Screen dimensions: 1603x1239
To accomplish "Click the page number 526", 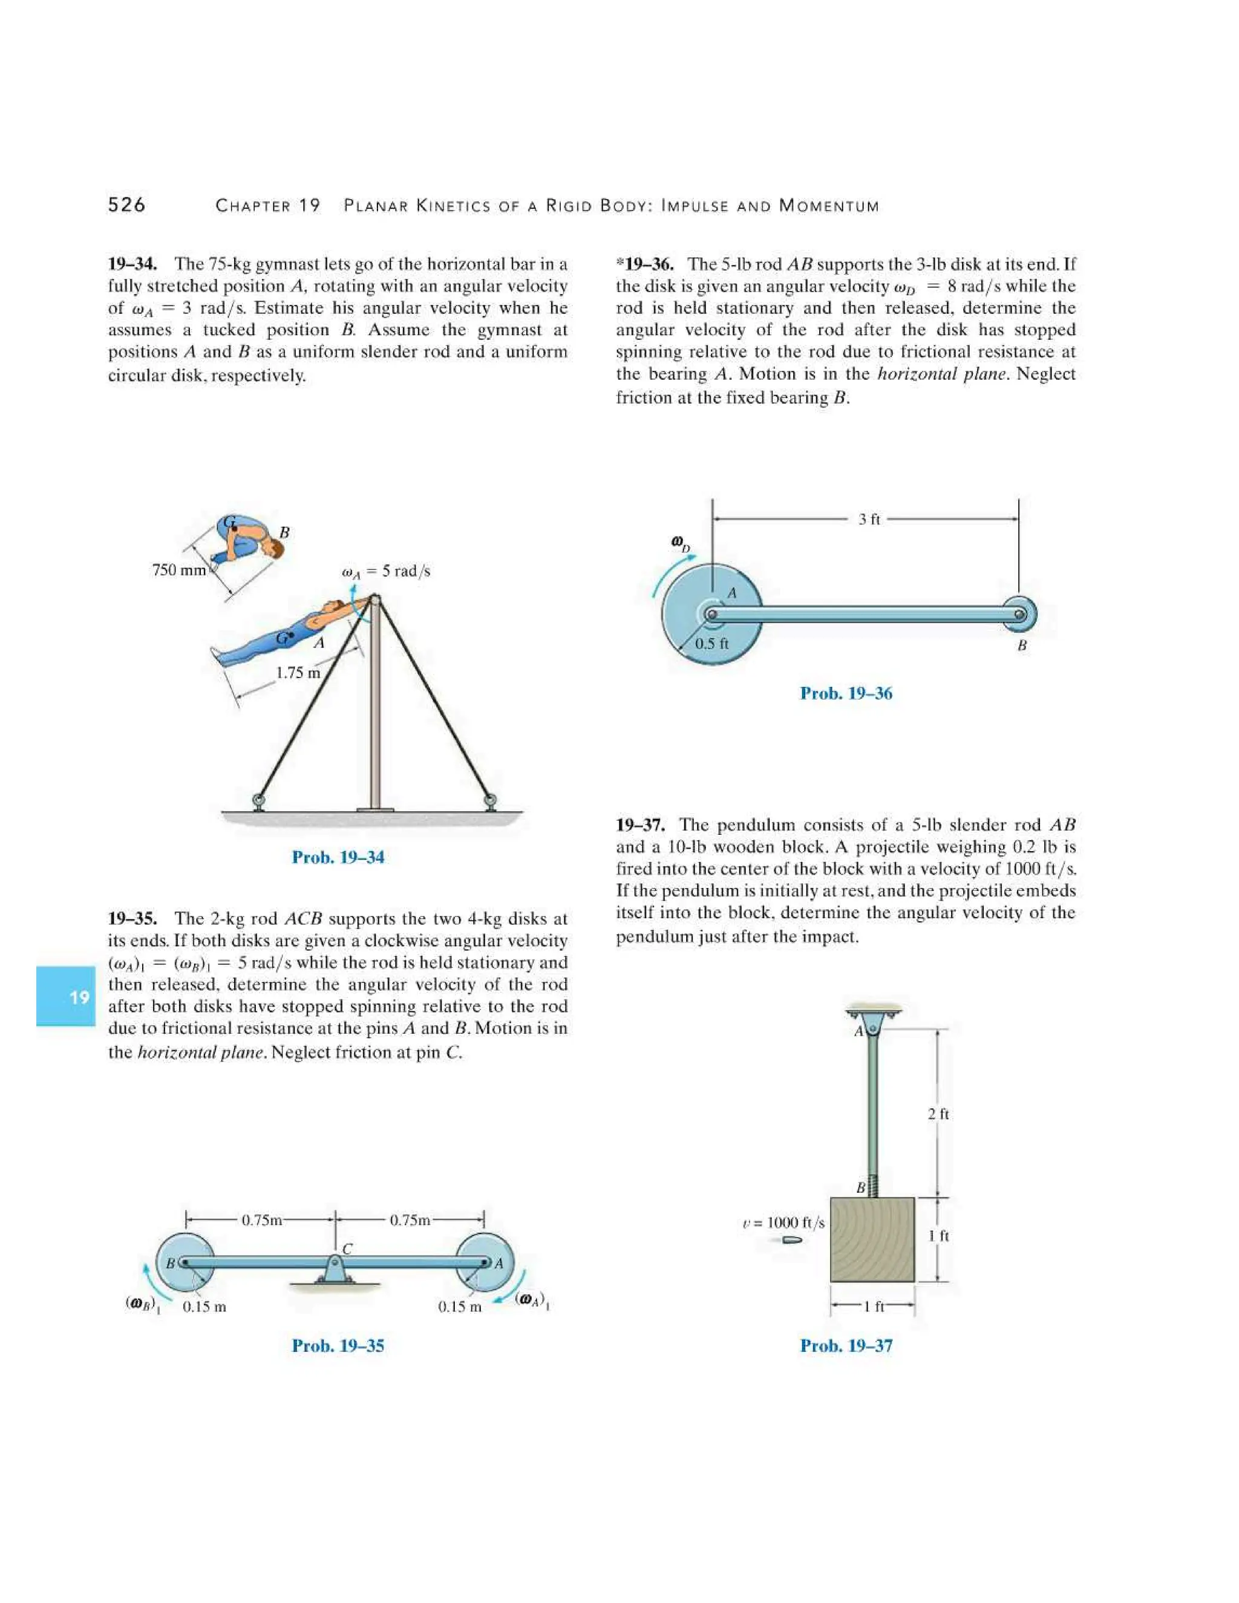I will pyautogui.click(x=126, y=205).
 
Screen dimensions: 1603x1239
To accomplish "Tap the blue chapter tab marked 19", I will pyautogui.click(x=66, y=996).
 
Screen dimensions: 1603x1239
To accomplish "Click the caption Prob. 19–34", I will pyautogui.click(x=338, y=857).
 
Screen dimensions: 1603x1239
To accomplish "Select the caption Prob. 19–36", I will pyautogui.click(x=846, y=693).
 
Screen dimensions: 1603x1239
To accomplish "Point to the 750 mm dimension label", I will pyautogui.click(x=180, y=570).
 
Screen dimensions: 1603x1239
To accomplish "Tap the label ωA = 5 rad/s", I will pyautogui.click(x=386, y=571).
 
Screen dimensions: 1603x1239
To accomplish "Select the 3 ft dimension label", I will pyautogui.click(x=869, y=519).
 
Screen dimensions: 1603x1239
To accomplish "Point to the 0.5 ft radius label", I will pyautogui.click(x=712, y=644).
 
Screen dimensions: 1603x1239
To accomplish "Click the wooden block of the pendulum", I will pyautogui.click(x=872, y=1239).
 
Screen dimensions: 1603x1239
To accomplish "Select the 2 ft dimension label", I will pyautogui.click(x=938, y=1114).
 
